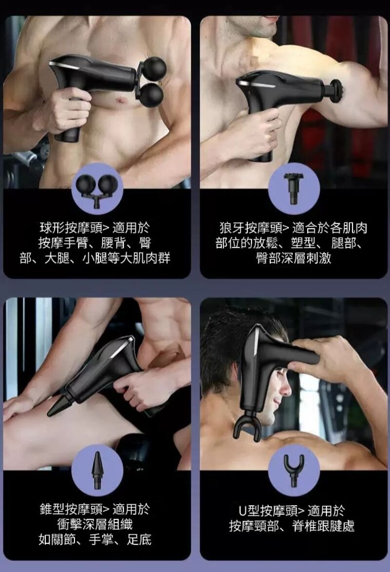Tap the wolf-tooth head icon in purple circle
tap(294, 188)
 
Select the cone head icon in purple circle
tap(97, 471)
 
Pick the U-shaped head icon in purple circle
tap(294, 470)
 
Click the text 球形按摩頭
tap(72, 227)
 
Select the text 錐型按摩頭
tap(72, 510)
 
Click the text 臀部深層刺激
tap(293, 257)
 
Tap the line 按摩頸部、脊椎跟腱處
tap(292, 525)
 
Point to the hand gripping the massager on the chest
tap(68, 110)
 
